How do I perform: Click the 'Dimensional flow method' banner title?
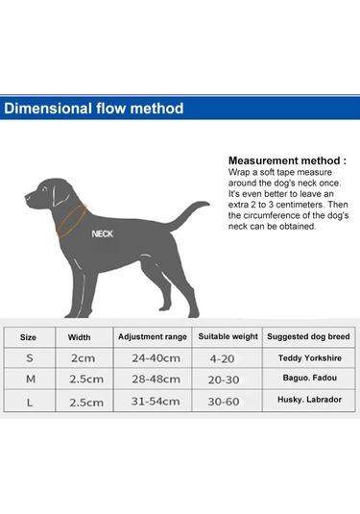click(x=93, y=108)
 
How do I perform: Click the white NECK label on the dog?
click(x=103, y=233)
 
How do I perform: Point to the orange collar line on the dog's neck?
click(x=73, y=220)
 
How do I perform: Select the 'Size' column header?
click(x=29, y=337)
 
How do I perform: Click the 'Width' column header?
click(x=80, y=337)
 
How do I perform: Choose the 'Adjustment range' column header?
click(x=153, y=337)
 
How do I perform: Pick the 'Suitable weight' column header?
click(x=228, y=337)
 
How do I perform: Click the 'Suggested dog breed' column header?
click(x=309, y=337)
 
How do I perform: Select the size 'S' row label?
click(x=29, y=358)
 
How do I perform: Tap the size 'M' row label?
click(x=29, y=379)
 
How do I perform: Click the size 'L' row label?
click(x=29, y=402)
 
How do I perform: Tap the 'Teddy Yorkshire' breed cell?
click(x=309, y=358)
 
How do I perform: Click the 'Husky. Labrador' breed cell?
click(x=309, y=402)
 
